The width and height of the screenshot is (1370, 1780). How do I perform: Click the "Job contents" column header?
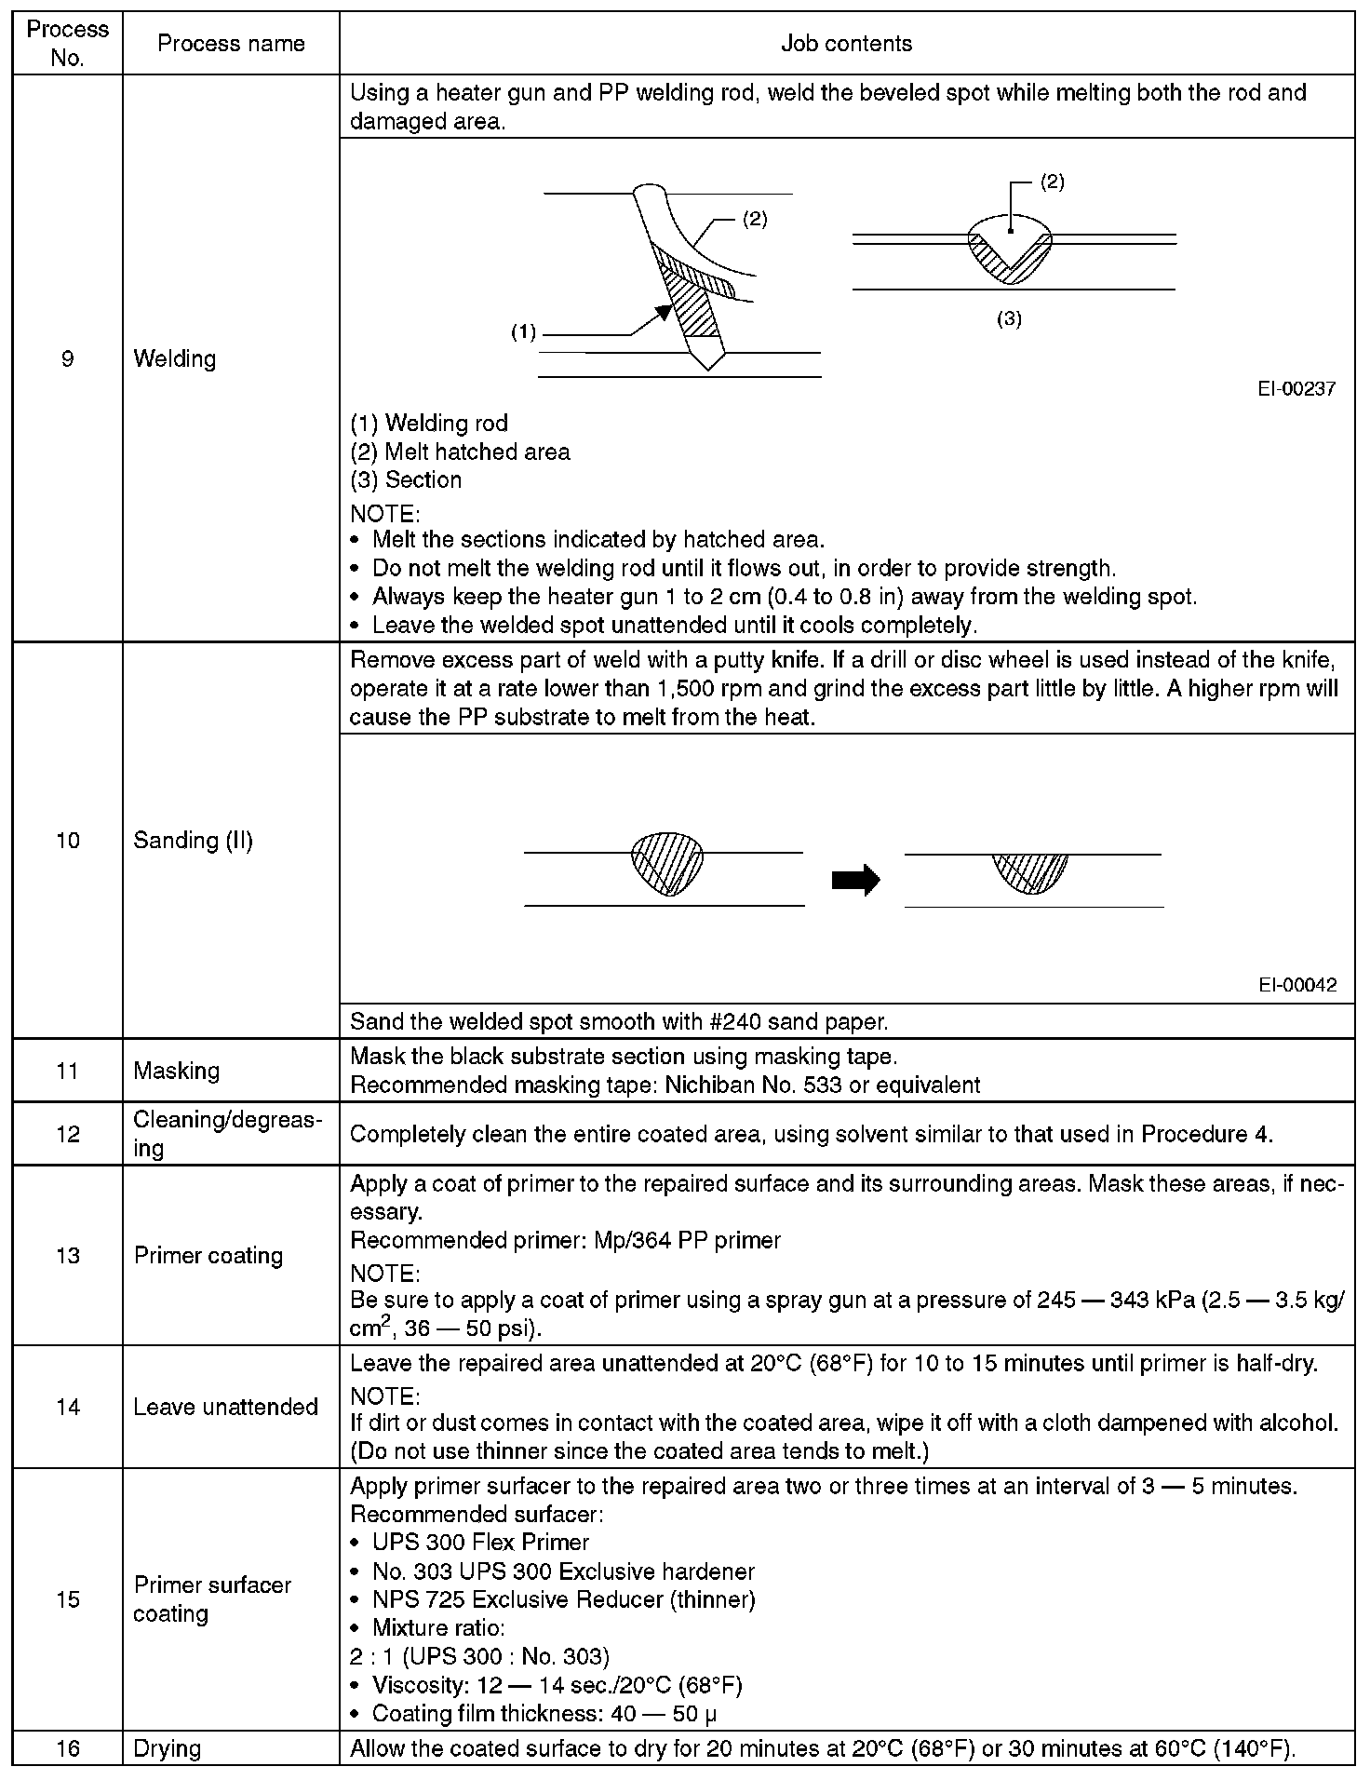pos(846,43)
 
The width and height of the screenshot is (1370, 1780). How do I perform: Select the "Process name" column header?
pos(231,43)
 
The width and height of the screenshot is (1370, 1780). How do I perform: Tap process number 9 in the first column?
pos(67,358)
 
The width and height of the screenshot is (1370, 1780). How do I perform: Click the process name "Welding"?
pos(175,358)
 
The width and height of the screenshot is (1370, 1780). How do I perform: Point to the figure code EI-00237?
pos(1296,389)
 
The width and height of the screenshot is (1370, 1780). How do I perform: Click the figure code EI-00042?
pos(1297,985)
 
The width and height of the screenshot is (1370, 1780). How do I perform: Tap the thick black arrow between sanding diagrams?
pos(855,879)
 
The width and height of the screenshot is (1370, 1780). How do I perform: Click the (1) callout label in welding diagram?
pos(524,332)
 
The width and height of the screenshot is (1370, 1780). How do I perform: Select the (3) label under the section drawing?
pos(1009,318)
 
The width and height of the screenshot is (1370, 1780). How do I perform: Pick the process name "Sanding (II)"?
pos(193,840)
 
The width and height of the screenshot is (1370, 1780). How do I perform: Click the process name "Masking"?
pos(177,1071)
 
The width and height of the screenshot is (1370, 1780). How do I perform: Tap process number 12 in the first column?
pos(67,1134)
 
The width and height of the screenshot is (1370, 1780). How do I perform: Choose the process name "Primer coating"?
pos(208,1255)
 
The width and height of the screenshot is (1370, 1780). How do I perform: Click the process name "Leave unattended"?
pos(225,1407)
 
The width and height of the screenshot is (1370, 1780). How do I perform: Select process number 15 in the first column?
pos(67,1599)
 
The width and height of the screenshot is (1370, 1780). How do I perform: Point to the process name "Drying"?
pos(168,1748)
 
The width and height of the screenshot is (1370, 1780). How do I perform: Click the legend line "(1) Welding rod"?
pos(429,424)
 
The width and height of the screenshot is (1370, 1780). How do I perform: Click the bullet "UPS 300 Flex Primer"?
pos(480,1543)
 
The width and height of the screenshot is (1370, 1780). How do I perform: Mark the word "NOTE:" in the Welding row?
pos(384,513)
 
